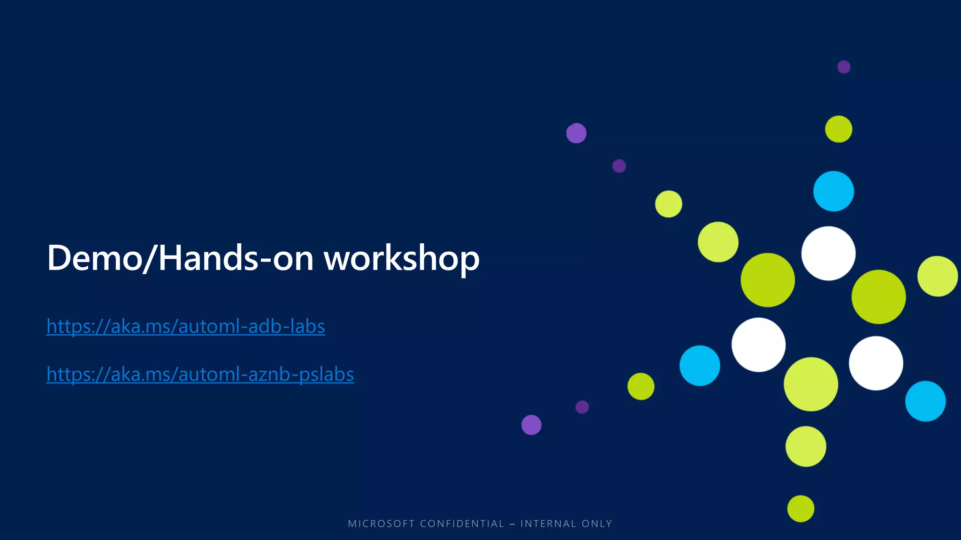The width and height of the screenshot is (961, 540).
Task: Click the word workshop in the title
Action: pos(402,258)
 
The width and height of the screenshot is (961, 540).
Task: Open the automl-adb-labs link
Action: pos(185,326)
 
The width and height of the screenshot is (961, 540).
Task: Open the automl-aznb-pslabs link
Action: pos(200,374)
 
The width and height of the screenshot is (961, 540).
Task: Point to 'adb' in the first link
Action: pos(263,326)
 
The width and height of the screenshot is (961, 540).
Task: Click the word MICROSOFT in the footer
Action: pos(381,524)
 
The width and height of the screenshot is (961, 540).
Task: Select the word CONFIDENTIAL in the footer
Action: pos(462,524)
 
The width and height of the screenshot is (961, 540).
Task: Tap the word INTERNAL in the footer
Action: pos(548,524)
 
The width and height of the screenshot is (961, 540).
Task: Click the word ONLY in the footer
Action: pos(597,524)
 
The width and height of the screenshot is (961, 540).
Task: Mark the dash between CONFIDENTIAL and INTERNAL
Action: pos(512,524)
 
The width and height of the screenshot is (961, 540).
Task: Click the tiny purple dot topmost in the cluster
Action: pos(844,67)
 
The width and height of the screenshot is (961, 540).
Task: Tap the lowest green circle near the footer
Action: pos(801,509)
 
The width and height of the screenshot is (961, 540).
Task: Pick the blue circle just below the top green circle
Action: pos(833,191)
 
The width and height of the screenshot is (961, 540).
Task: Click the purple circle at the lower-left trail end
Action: pos(531,425)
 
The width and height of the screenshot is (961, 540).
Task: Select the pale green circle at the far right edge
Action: pos(937,276)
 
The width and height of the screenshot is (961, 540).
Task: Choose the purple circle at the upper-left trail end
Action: pos(576,133)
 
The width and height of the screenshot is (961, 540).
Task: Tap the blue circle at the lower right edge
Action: pos(925,401)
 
